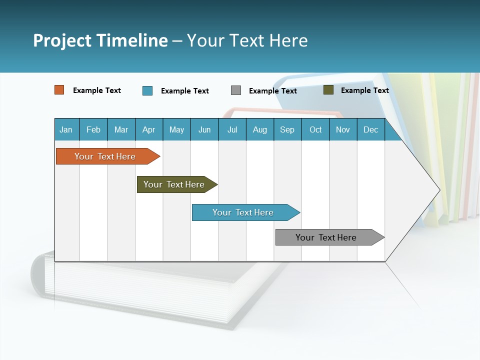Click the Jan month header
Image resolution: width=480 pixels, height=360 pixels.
66,129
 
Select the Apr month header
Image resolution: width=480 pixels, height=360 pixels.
148,129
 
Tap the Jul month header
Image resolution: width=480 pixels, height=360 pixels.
232,129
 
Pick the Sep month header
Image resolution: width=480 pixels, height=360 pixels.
287,129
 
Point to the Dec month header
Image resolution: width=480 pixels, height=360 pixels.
370,129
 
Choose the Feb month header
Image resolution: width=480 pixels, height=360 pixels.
93,129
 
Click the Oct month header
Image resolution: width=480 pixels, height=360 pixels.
315,129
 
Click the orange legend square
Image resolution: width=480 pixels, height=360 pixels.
59,90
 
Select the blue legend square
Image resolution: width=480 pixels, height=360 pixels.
147,90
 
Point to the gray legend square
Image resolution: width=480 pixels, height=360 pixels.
236,90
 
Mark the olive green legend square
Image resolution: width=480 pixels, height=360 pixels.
328,90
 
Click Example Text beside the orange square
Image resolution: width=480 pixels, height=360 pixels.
97,90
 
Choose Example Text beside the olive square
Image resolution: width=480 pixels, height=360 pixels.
365,90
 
